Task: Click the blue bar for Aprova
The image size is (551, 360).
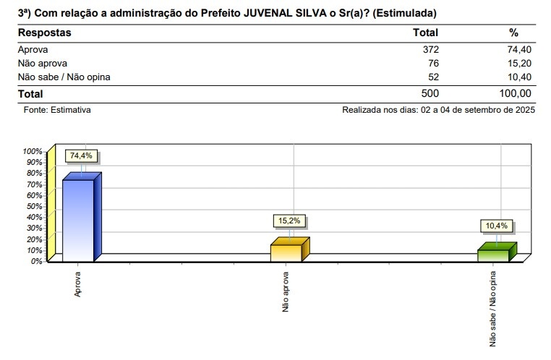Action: (x=78, y=220)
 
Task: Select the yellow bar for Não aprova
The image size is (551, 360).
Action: (x=286, y=252)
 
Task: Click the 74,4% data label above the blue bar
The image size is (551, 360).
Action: (x=82, y=156)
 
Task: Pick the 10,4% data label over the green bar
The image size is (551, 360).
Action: (x=496, y=226)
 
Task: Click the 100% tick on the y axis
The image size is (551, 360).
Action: (x=33, y=152)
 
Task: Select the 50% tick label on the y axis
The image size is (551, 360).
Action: (x=34, y=206)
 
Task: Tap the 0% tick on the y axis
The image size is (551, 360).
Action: (x=36, y=261)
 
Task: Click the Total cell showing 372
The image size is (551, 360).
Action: (x=430, y=49)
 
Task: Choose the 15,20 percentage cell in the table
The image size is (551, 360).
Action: (x=519, y=63)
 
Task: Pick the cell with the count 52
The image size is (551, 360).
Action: (x=432, y=77)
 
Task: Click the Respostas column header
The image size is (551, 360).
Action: (x=45, y=33)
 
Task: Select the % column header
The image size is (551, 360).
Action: (x=514, y=33)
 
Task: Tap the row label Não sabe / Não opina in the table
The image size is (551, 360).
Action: (x=64, y=77)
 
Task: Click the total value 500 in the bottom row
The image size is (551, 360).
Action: (x=429, y=94)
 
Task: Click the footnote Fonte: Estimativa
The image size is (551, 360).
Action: (x=57, y=111)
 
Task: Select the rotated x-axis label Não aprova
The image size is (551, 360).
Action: (x=286, y=292)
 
